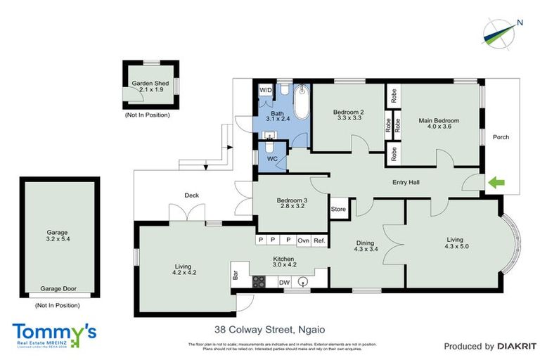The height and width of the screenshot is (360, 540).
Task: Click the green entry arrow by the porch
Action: tap(496, 184)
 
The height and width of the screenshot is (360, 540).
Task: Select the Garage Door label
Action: tap(58, 288)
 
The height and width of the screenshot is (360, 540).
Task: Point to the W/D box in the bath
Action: tap(265, 91)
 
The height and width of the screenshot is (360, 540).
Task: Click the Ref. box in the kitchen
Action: tap(320, 240)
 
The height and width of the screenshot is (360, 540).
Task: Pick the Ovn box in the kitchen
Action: tap(304, 240)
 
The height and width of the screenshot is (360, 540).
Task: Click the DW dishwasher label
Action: tap(284, 283)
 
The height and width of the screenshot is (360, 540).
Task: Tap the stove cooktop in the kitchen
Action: tap(258, 282)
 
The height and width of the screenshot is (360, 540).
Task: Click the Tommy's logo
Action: tap(53, 333)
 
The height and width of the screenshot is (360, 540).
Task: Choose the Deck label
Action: tap(192, 195)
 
